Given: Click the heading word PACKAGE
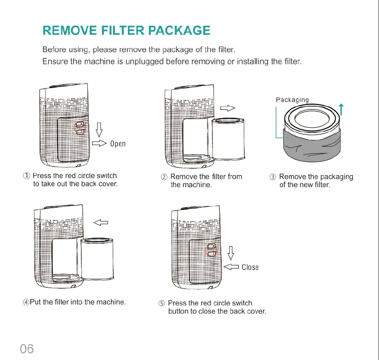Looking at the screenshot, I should tap(179, 31).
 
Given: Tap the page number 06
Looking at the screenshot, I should tap(27, 349).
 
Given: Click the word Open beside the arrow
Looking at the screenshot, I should tap(118, 143).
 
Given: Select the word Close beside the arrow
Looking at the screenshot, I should tap(250, 267).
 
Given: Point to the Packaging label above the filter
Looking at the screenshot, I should tap(293, 100).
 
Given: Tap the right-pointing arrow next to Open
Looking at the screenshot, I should tap(99, 143).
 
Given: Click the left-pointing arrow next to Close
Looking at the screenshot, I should tap(231, 267).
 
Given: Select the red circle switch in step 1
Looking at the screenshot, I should tap(80, 127).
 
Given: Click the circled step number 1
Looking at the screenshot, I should tap(27, 176).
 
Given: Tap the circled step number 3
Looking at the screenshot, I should tap(273, 177).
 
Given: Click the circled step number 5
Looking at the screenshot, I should tap(161, 303).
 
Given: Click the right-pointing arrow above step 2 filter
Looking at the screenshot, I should tap(228, 108).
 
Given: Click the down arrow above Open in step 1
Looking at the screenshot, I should tap(98, 129).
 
